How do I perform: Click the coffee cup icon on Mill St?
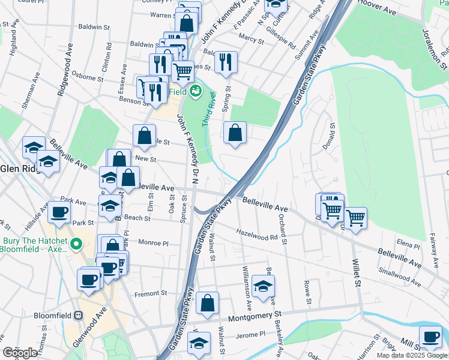click(x=430, y=336)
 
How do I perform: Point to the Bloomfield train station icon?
click(x=78, y=316)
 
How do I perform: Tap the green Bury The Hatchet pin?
click(x=76, y=244)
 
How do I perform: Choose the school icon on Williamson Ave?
click(x=263, y=286)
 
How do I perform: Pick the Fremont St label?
click(x=151, y=293)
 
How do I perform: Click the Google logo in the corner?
click(x=20, y=353)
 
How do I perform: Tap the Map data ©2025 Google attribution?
click(x=412, y=355)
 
